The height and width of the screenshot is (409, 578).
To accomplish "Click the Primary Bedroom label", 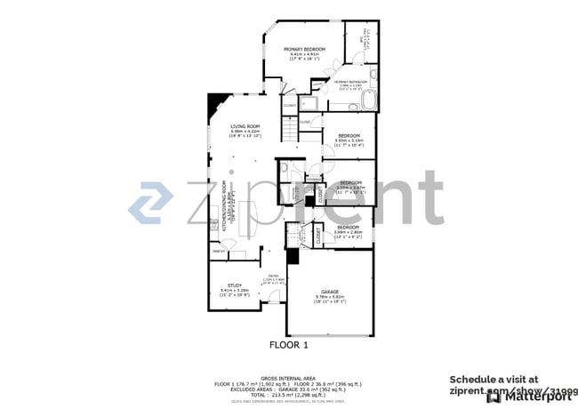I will (304, 49).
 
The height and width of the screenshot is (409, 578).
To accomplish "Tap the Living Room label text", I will (245, 126).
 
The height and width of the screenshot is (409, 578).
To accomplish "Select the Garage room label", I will (331, 291).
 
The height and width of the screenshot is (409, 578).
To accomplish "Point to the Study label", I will (234, 285).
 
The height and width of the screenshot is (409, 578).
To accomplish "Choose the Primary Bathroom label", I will (350, 82).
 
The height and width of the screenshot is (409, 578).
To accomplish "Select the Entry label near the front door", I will (275, 277).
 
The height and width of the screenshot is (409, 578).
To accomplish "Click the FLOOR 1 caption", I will (288, 344).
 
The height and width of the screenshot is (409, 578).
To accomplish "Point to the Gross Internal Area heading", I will (288, 378).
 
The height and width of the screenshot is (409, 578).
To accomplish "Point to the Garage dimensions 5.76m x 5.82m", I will (331, 297).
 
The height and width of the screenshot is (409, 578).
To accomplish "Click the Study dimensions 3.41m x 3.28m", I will (234, 291).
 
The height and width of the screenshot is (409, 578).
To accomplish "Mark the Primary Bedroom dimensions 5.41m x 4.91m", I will (304, 55).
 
